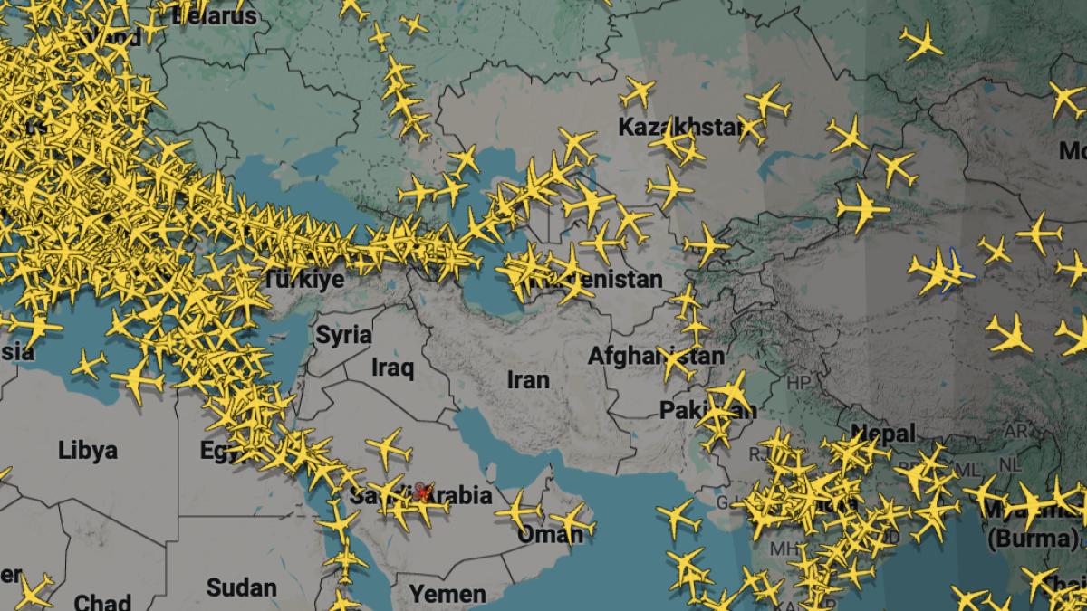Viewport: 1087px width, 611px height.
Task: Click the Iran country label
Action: (528, 379)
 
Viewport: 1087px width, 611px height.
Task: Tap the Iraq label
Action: (393, 368)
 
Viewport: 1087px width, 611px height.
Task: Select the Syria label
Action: (343, 335)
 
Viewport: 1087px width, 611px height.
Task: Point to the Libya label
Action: (87, 450)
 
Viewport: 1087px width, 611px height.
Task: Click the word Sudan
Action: (241, 587)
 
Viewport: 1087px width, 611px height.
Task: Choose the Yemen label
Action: (447, 594)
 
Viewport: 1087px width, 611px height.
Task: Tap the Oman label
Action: (550, 535)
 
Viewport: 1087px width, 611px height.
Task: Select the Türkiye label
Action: (303, 279)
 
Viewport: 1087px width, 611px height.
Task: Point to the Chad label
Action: (101, 602)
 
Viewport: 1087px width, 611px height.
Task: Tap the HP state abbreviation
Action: (798, 383)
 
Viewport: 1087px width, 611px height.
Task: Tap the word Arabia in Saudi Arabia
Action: (461, 495)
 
